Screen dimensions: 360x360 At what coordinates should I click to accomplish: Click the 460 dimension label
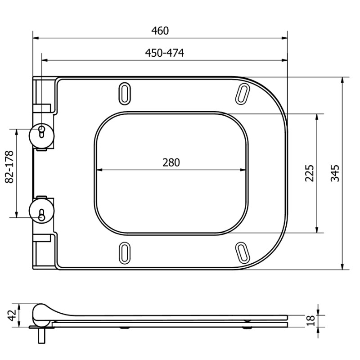click(160, 31)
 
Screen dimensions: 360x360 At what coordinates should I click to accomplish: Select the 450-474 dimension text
click(164, 53)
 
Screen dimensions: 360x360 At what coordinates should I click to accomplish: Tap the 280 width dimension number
click(171, 162)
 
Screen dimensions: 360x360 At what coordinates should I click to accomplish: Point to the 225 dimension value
click(310, 173)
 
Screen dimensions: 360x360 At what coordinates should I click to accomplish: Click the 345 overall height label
click(335, 173)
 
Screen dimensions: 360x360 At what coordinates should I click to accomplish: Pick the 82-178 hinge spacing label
click(9, 166)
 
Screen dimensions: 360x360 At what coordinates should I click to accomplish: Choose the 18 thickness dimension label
click(310, 321)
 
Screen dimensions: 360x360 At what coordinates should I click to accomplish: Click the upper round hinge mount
click(41, 136)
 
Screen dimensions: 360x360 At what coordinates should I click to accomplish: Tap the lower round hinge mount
click(41, 211)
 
